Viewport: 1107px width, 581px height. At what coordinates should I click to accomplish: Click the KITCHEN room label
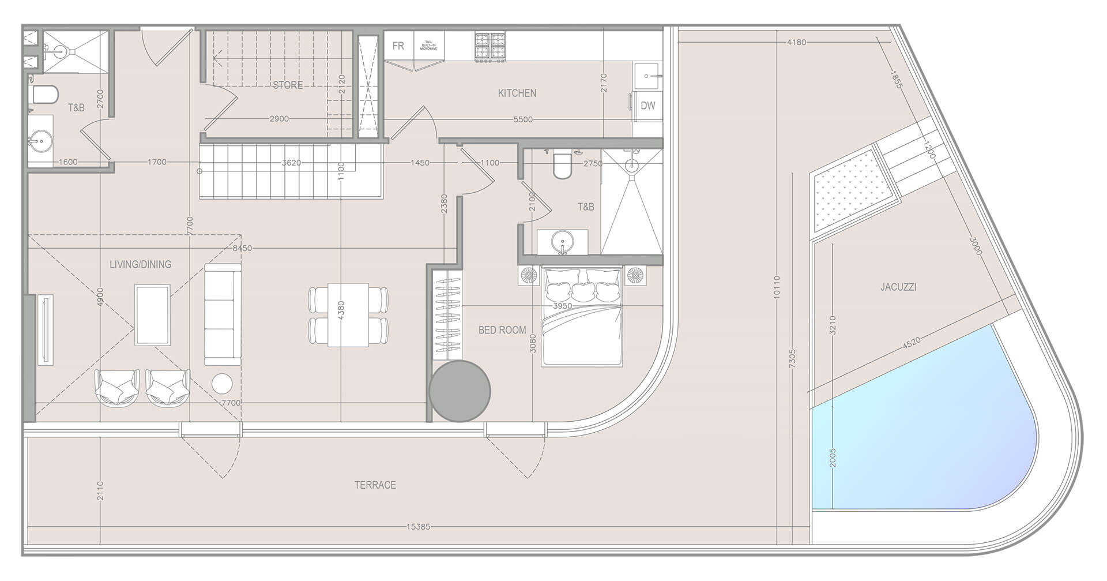(517, 93)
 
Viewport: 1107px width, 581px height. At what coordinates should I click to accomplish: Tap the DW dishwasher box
(648, 106)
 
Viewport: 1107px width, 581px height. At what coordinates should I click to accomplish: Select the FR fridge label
(398, 46)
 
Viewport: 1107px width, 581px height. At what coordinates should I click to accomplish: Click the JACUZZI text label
(898, 287)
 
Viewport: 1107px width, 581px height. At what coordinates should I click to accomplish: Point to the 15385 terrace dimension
(418, 527)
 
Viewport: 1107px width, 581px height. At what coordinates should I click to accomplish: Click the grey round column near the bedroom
(460, 391)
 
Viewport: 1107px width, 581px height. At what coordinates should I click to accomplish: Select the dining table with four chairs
(348, 315)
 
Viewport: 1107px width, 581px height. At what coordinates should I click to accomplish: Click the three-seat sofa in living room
(223, 314)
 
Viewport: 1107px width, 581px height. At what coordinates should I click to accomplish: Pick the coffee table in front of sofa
(152, 315)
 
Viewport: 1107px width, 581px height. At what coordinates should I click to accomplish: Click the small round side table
(222, 384)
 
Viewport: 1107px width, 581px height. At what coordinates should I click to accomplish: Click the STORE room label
(288, 85)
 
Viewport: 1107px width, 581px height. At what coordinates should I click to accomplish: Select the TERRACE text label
(375, 485)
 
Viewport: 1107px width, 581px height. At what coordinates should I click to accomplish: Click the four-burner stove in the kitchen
(490, 47)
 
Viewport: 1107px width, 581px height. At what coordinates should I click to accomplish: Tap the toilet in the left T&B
(45, 95)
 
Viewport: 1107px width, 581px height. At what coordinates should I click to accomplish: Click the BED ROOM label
(502, 330)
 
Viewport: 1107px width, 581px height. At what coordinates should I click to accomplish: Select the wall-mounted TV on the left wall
(45, 330)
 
